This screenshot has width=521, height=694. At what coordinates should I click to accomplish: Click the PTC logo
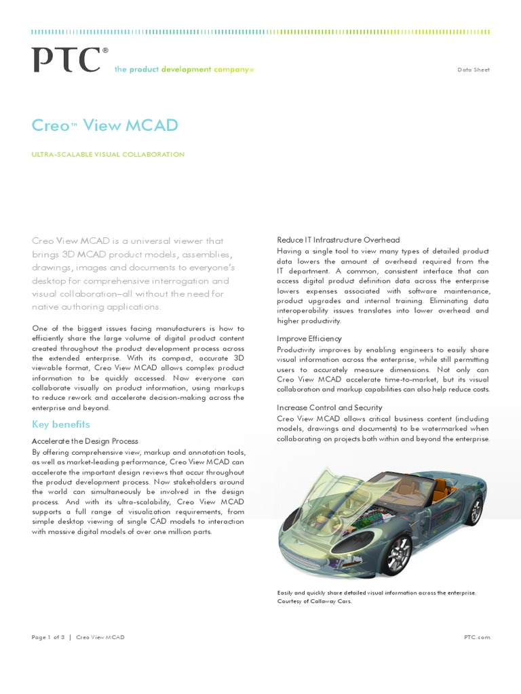pos(66,60)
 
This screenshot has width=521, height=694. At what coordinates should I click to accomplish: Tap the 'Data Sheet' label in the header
pos(474,70)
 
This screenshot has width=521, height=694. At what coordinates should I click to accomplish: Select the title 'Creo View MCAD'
pos(105,125)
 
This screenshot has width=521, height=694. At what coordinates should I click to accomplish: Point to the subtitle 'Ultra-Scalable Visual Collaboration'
pos(108,155)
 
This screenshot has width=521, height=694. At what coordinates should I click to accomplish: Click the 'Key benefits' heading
pos(61,424)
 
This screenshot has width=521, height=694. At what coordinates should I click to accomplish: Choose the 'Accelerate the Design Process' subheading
pos(85,441)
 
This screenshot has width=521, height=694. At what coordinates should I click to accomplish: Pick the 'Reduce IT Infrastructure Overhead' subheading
pos(338,240)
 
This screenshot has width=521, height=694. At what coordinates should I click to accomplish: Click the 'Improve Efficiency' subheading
pos(309,338)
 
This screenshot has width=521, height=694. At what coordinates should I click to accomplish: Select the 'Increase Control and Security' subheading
pos(329,407)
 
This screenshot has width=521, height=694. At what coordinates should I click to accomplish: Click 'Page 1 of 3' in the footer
pos(50,637)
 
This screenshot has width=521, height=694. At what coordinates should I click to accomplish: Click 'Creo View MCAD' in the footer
pos(100,637)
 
